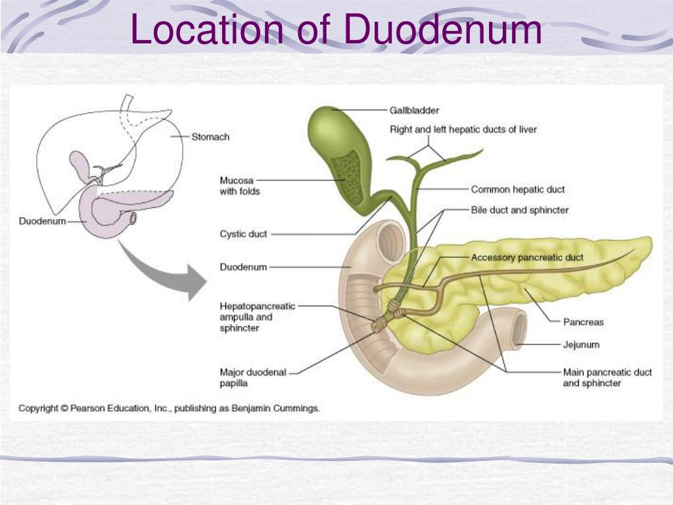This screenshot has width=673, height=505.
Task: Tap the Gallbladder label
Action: [x=414, y=110]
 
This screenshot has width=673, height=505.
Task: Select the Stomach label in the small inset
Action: [x=210, y=137]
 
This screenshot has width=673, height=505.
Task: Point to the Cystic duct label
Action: [x=243, y=234]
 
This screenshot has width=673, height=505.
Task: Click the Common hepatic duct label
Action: [x=517, y=189]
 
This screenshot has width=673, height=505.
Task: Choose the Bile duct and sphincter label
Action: [x=519, y=210]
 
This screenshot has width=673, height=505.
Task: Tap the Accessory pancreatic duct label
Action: [x=527, y=257]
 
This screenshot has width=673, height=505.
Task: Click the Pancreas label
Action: [x=583, y=322]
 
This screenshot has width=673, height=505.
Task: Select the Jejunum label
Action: [x=581, y=345]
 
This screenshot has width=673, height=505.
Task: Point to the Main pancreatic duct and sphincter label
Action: [x=607, y=377]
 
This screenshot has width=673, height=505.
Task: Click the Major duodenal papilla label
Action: [x=253, y=377]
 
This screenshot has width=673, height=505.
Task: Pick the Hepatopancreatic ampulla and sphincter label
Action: [x=258, y=317]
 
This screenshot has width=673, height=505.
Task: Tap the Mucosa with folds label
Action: [x=240, y=185]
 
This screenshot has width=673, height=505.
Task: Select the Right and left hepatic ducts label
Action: [x=463, y=130]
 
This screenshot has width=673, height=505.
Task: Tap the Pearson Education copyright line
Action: [x=169, y=408]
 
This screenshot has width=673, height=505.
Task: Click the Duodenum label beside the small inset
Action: [x=42, y=221]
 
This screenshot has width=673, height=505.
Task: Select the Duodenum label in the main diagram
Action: [x=243, y=267]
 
